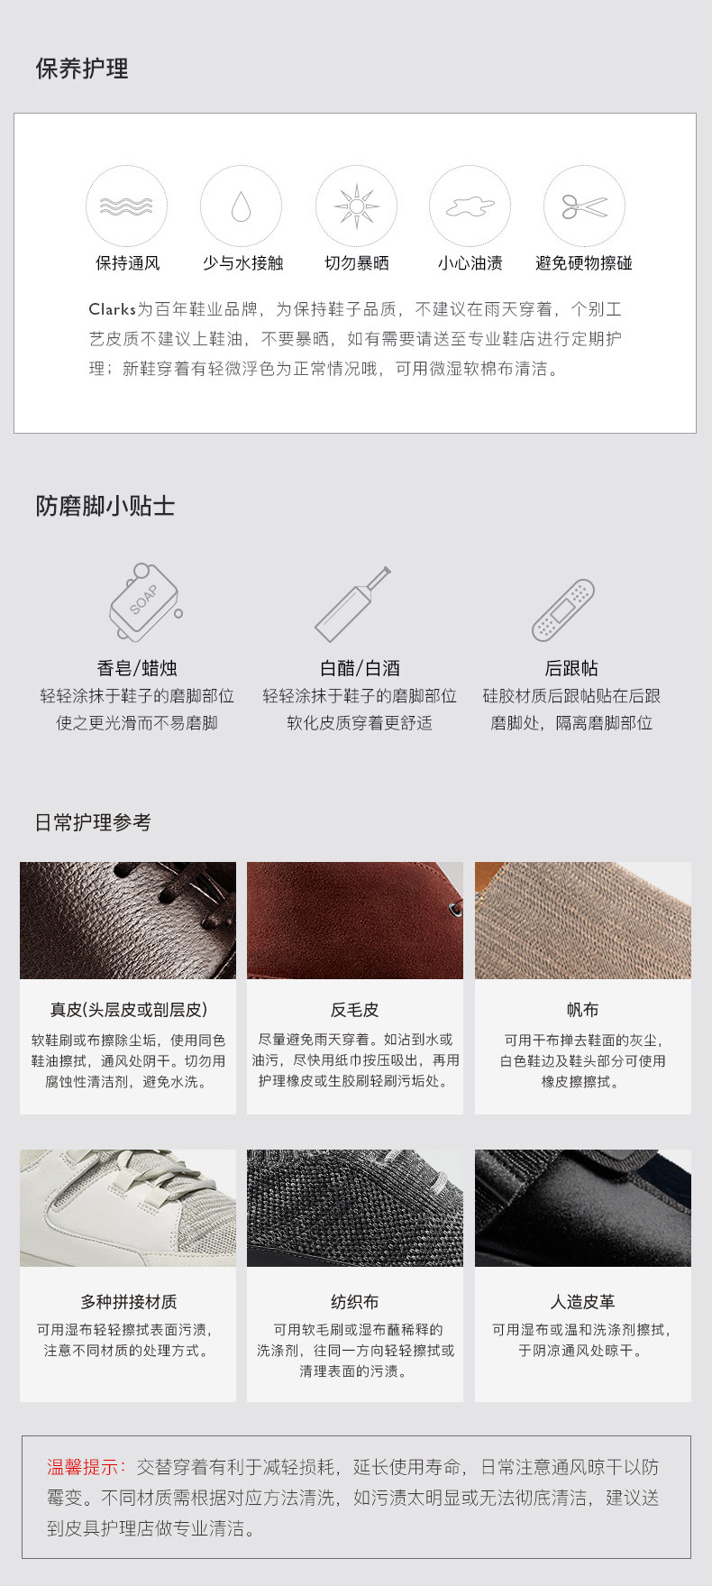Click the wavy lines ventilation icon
126,206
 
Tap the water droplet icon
241,206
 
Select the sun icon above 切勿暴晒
356,206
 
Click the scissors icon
584,206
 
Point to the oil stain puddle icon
470,206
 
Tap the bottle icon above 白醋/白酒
352,603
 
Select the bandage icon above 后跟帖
563,610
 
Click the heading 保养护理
82,69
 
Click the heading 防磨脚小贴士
105,506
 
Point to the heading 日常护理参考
93,822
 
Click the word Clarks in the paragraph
112,309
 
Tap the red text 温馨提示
87,1467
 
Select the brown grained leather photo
128,921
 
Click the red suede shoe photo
355,921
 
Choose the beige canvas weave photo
583,921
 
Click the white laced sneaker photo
128,1208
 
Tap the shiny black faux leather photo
583,1208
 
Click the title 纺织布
355,1302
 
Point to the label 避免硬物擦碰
584,263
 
